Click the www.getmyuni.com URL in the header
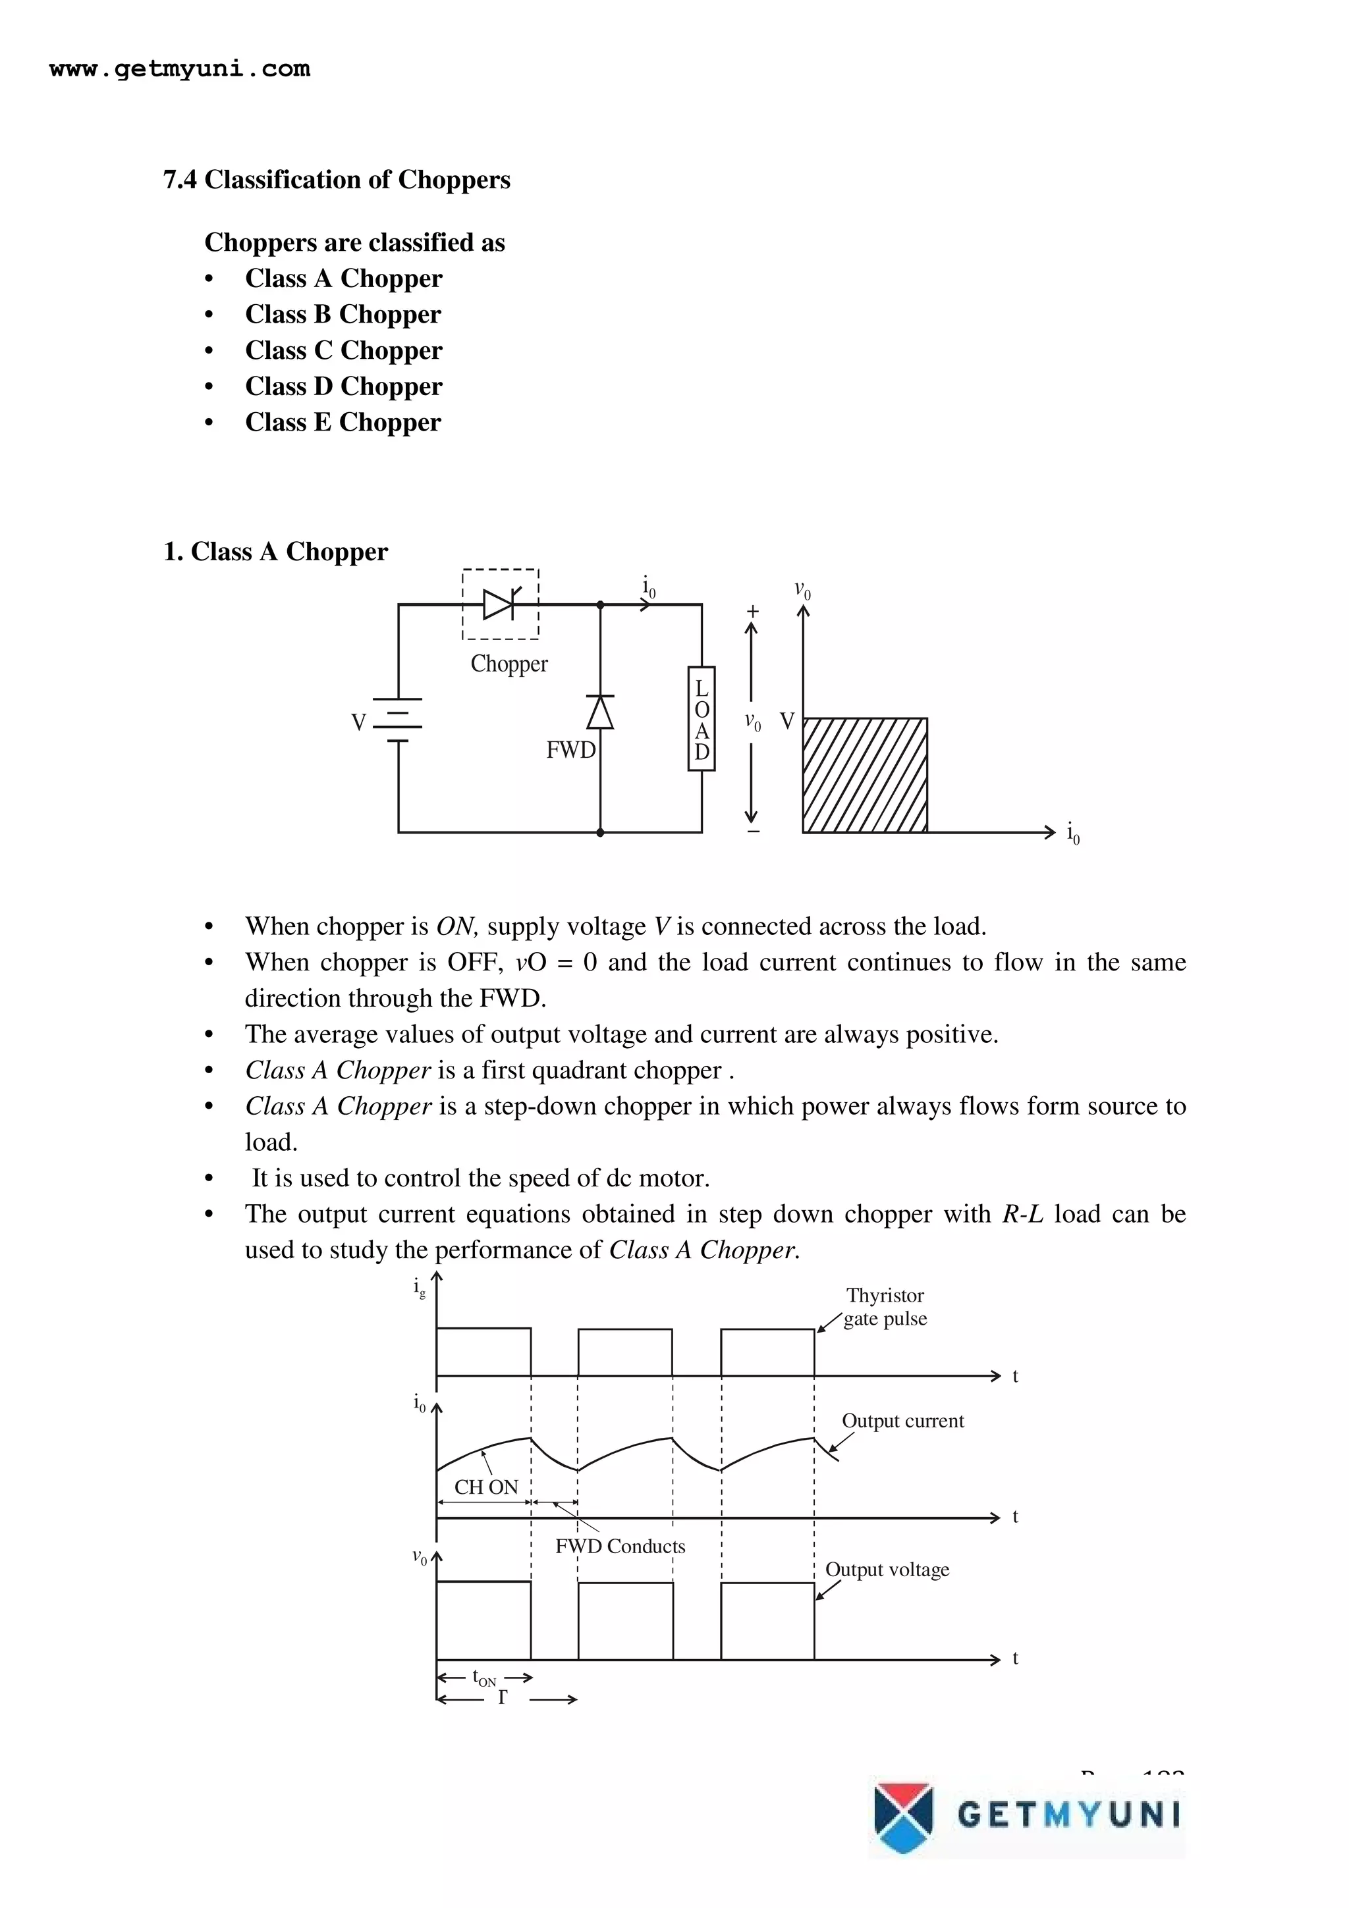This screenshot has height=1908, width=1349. (180, 69)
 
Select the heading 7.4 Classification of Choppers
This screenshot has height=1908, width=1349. (337, 180)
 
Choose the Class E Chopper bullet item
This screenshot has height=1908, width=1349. (343, 422)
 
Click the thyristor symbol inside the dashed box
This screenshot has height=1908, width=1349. (501, 604)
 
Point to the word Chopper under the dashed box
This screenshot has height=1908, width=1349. (509, 664)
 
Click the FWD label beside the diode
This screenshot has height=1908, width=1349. (570, 751)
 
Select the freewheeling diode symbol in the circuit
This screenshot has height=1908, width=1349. (600, 713)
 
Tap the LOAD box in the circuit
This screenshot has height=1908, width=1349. (702, 719)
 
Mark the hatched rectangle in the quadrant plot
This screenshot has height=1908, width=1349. (864, 774)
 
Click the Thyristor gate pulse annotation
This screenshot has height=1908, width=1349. (885, 1307)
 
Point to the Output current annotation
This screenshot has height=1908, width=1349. (902, 1420)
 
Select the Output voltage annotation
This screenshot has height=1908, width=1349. (887, 1570)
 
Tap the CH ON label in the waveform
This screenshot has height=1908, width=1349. (485, 1487)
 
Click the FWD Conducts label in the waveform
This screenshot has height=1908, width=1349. (620, 1547)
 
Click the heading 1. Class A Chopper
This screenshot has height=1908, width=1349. (275, 552)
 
